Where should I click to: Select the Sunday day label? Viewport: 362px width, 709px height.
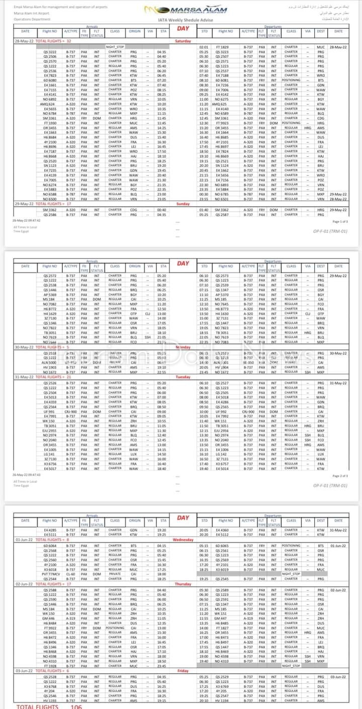pyautogui.click(x=183, y=204)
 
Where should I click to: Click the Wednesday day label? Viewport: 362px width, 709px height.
pyautogui.click(x=183, y=540)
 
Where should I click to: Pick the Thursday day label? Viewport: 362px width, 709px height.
pyautogui.click(x=183, y=584)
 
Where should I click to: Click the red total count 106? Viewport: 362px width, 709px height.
pyautogui.click(x=76, y=706)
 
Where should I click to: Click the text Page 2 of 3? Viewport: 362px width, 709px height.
pyautogui.click(x=340, y=475)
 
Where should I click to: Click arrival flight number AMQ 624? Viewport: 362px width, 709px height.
pyautogui.click(x=50, y=104)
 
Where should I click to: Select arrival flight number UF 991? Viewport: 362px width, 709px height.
pyautogui.click(x=50, y=412)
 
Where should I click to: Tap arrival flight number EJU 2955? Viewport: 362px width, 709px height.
pyautogui.click(x=50, y=430)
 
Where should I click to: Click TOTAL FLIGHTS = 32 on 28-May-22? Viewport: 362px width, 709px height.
pyautogui.click(x=54, y=41)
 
